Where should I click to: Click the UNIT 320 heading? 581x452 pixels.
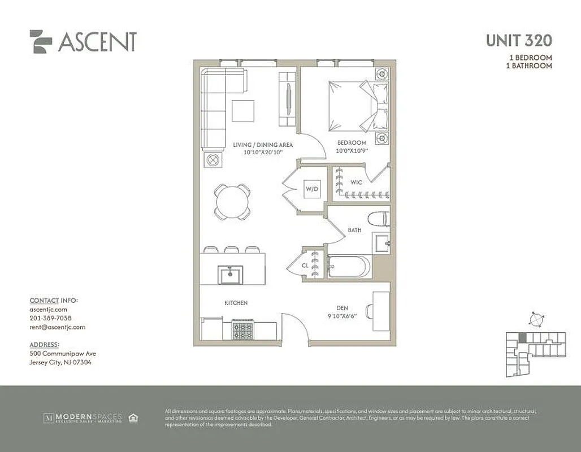(x=519, y=41)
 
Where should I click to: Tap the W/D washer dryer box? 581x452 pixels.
(x=312, y=189)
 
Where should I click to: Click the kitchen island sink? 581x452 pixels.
(x=230, y=276)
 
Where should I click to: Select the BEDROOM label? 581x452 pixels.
(x=352, y=143)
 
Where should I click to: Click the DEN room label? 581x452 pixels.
(x=341, y=308)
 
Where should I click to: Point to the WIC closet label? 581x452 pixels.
(x=356, y=182)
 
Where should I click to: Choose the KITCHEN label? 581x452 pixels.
(x=236, y=303)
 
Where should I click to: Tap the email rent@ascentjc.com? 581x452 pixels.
(x=57, y=327)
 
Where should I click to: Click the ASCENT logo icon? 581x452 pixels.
(x=41, y=41)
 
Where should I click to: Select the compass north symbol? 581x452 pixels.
(x=535, y=320)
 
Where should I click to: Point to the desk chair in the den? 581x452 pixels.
(x=370, y=311)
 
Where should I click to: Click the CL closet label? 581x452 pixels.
(x=304, y=264)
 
